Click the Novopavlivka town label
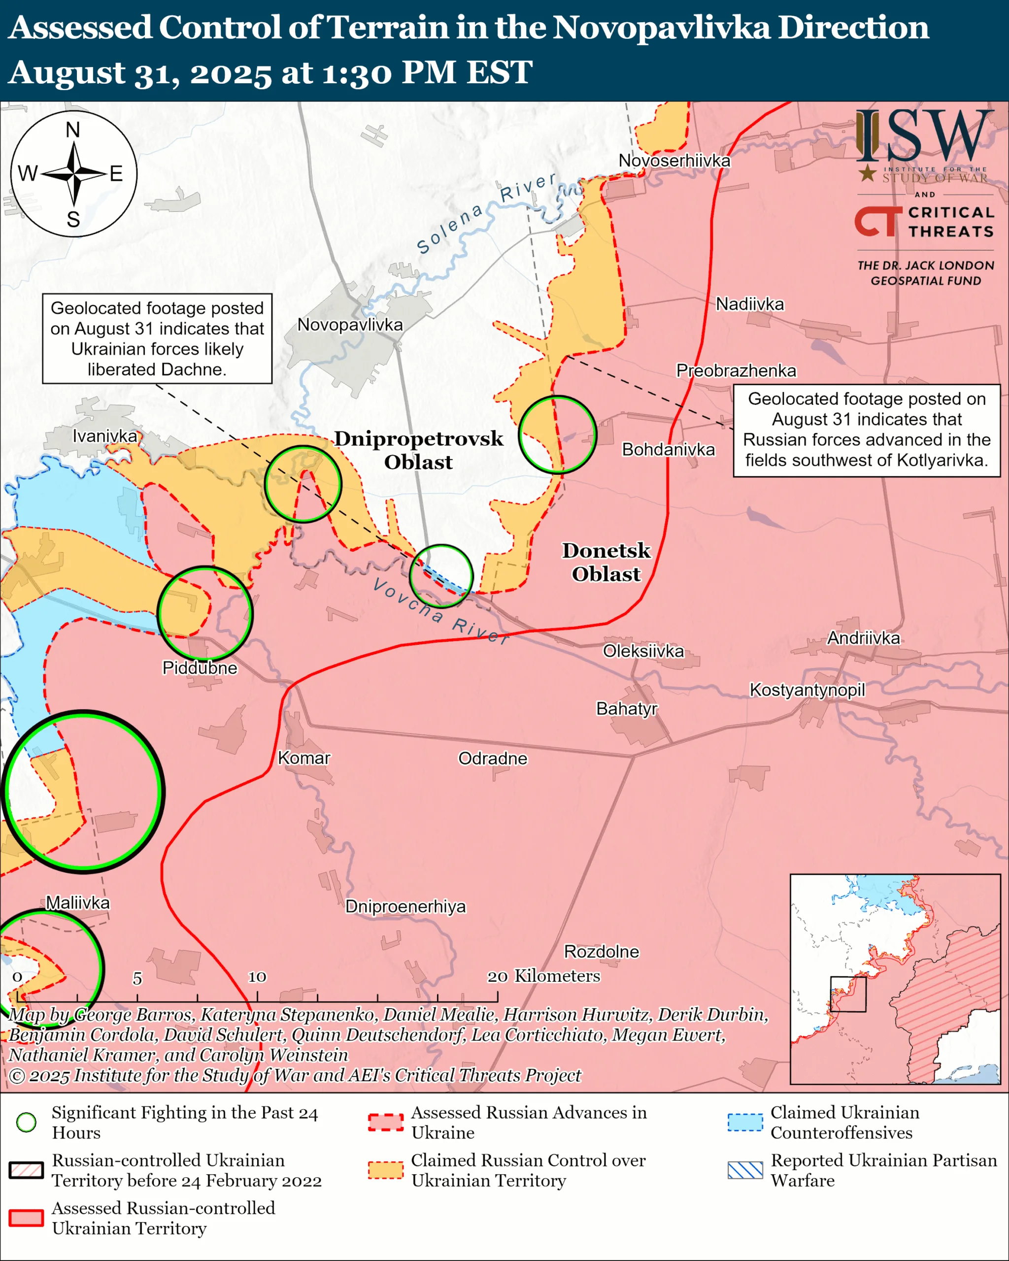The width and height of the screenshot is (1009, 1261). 350,325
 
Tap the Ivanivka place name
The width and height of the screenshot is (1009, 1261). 105,436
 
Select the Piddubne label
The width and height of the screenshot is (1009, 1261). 200,668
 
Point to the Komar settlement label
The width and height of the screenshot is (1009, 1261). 303,758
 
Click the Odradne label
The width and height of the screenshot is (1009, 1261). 493,759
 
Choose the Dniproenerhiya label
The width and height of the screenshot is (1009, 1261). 405,906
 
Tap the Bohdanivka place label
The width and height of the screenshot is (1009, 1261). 668,449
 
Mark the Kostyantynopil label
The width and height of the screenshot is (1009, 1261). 807,690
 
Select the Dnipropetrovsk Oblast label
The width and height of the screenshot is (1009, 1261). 418,450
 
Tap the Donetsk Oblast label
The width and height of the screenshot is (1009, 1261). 606,562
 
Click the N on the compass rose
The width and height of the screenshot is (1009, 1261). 72,130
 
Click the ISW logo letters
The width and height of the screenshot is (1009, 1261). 924,138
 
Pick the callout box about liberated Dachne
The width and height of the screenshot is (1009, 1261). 157,338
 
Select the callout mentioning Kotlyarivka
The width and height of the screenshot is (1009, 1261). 866,430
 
